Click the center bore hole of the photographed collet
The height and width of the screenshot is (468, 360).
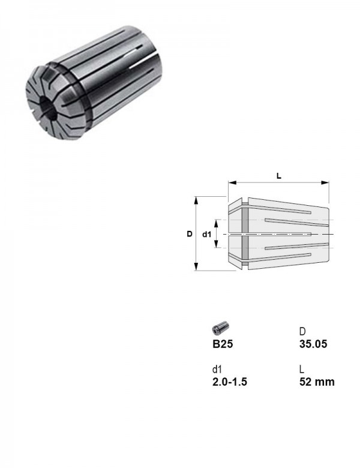pyautogui.click(x=48, y=108)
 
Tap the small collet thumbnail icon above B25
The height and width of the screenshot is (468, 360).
pyautogui.click(x=220, y=329)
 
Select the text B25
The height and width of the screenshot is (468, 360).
pyautogui.click(x=223, y=344)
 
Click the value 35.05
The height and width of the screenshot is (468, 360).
pyautogui.click(x=313, y=344)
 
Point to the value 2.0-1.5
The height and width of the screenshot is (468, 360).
pyautogui.click(x=230, y=382)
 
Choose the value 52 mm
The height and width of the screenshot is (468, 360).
pyautogui.click(x=317, y=382)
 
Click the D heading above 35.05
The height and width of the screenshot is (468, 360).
pyautogui.click(x=302, y=331)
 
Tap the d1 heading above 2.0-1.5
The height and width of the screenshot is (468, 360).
pyautogui.click(x=217, y=369)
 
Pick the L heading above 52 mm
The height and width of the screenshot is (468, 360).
pyautogui.click(x=302, y=369)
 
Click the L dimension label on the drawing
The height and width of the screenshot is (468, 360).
pyautogui.click(x=279, y=176)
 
